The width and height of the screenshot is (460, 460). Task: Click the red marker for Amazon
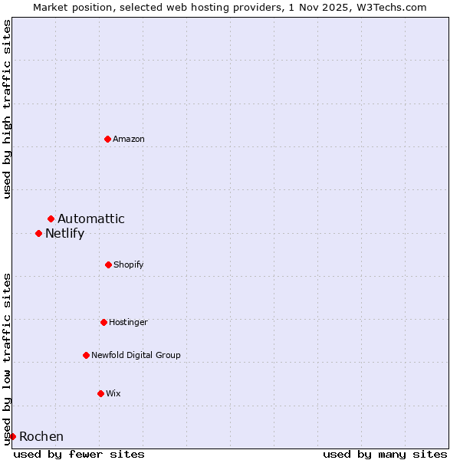[108, 139]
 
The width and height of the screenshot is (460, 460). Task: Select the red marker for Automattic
[51, 219]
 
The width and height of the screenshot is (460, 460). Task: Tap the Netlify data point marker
[39, 233]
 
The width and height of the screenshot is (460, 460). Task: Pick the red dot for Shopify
[108, 264]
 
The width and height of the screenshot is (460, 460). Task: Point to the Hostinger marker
[103, 322]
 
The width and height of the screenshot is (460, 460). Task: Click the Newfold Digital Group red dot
[86, 355]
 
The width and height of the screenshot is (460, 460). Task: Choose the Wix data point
[100, 393]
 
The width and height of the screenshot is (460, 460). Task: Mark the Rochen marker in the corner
[13, 436]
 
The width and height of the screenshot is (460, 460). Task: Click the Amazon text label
[129, 139]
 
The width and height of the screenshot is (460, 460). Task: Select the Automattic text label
[91, 219]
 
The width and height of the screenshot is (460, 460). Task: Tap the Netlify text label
[64, 234]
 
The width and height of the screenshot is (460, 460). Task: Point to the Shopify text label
[129, 264]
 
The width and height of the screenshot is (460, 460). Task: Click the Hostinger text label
[128, 322]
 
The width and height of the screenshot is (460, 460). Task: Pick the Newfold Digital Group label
[136, 355]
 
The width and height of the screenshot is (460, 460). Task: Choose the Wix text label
[113, 393]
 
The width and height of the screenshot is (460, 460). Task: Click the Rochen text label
[41, 437]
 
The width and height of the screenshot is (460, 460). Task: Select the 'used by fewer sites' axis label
[79, 454]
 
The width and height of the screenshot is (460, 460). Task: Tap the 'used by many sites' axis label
[385, 454]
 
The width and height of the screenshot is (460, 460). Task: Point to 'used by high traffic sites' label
[7, 109]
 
